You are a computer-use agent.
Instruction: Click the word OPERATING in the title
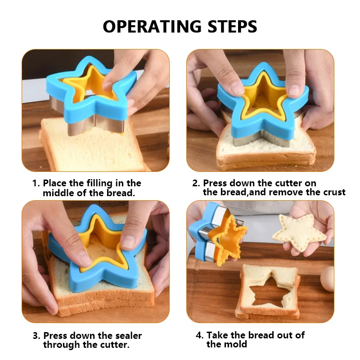[151, 26]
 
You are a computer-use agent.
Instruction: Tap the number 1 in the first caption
[35, 184]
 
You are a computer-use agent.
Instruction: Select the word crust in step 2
[334, 193]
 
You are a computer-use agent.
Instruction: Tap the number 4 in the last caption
[199, 336]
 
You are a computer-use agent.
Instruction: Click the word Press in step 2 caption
[214, 184]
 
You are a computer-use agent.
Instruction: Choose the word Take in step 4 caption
[216, 336]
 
